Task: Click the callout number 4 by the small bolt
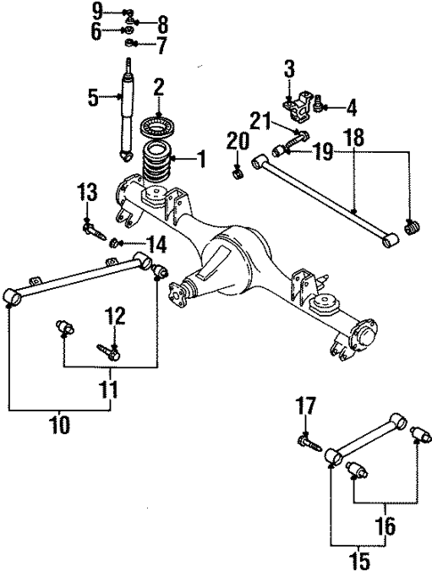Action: (351, 110)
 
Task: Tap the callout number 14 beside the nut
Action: (156, 243)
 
